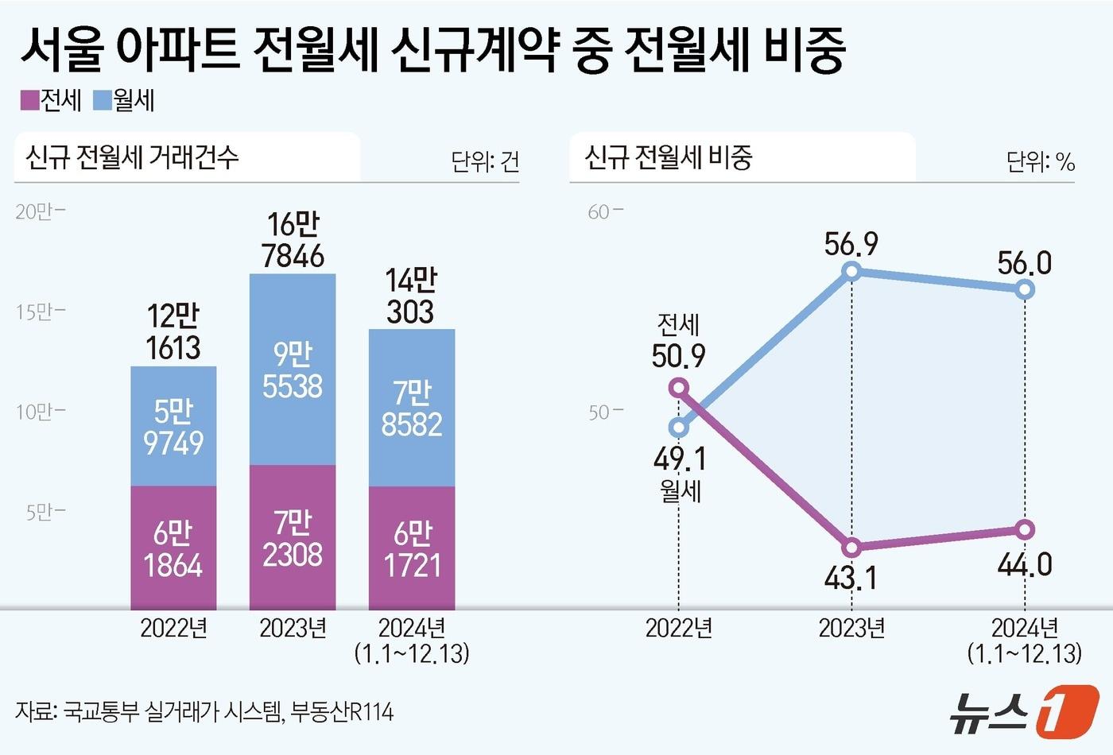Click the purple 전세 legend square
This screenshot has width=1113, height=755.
29,100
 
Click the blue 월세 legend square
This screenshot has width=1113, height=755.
103,100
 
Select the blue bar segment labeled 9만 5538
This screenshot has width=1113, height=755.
293,370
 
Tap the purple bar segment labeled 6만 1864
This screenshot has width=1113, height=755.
173,548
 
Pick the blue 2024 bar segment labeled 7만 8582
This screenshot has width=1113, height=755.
412,408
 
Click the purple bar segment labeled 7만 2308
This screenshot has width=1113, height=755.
293,538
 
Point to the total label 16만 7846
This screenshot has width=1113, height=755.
293,240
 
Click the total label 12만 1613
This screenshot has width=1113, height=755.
173,331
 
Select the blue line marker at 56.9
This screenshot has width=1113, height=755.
851,271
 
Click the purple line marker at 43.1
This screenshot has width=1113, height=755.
851,548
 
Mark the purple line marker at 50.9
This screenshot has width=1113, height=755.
678,388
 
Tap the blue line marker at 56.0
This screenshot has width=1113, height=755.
1025,289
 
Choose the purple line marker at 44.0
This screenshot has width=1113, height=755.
1025,529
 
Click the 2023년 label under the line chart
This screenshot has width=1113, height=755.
851,628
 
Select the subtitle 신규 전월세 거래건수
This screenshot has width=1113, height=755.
132,157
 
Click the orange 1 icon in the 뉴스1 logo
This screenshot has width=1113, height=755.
1068,709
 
